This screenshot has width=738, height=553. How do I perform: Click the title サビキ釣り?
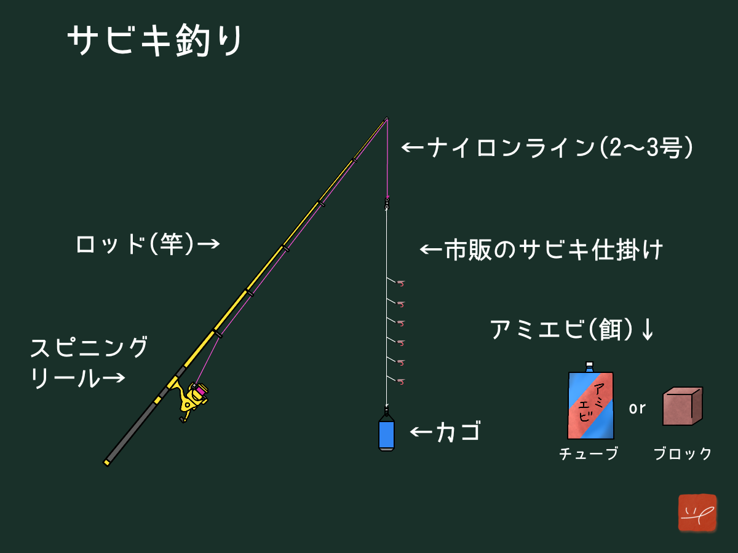154,41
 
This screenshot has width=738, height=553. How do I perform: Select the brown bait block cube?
683,406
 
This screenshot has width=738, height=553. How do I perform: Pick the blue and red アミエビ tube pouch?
591,403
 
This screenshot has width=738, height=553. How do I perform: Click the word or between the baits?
637,408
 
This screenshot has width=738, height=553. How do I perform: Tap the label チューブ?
589,453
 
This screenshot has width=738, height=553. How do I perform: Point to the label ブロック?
683,453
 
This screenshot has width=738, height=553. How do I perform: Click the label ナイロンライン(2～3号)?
560,147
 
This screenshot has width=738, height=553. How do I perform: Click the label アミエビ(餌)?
562,329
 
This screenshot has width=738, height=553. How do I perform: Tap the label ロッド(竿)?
135,243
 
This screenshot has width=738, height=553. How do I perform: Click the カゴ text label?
459,432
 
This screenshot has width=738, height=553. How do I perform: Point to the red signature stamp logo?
697,512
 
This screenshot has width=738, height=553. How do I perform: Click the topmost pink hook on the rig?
401,284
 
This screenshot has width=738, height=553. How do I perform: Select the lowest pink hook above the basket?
401,382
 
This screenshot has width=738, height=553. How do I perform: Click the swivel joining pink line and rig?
387,204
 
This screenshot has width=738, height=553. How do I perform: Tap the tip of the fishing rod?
387,118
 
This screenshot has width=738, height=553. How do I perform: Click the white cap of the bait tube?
589,365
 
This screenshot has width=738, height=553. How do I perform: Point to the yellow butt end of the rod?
106,463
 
